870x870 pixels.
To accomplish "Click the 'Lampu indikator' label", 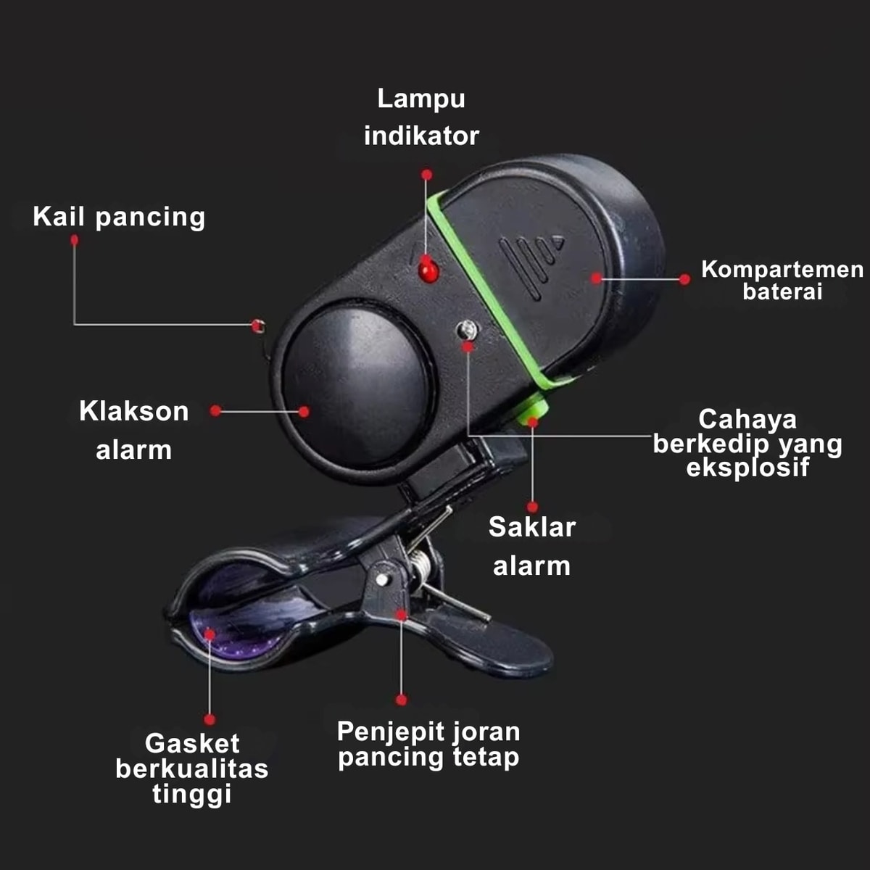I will point(421,117).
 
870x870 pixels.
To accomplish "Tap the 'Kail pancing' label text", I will point(119,217).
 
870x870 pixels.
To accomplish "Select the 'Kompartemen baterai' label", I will point(782,280).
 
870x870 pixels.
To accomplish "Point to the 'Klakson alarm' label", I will point(134,431).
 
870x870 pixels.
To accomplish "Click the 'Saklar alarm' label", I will point(532,546).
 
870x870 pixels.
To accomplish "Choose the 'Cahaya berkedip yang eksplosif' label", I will point(747,443).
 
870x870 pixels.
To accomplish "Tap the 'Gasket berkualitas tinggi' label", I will point(192,768).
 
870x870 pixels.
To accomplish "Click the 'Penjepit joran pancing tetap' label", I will point(428,744).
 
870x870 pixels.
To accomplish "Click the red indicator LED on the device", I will point(428,270).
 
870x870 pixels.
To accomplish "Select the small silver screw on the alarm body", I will point(468,331).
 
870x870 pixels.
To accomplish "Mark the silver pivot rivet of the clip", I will point(381,579).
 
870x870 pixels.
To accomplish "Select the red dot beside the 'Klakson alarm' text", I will point(215,411).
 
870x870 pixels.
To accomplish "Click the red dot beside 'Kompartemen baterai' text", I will point(684,279).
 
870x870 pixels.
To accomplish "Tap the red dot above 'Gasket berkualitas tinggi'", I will point(210,719).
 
